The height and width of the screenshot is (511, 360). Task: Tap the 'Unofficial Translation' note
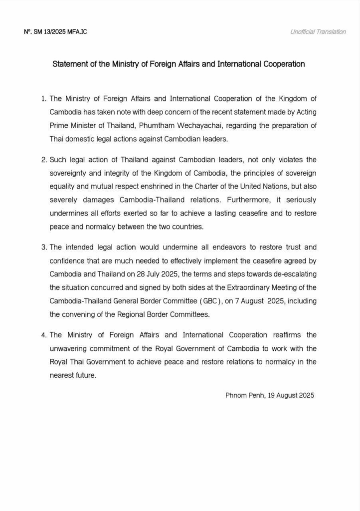pyautogui.click(x=318, y=32)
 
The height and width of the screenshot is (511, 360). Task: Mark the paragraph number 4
pyautogui.click(x=44, y=334)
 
